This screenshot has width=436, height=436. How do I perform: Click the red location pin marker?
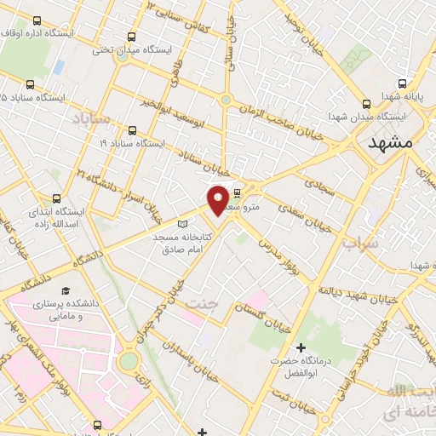click(x=218, y=199)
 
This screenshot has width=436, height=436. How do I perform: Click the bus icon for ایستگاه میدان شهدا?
click(x=367, y=101)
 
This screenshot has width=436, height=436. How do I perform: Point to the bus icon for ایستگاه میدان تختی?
click(x=131, y=37)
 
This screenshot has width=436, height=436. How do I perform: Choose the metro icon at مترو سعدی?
click(x=237, y=192)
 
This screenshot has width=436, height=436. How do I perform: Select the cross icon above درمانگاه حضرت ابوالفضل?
click(x=301, y=347)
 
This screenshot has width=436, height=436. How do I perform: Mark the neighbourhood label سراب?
click(x=359, y=244)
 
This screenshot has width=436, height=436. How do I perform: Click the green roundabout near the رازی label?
click(x=128, y=361)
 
